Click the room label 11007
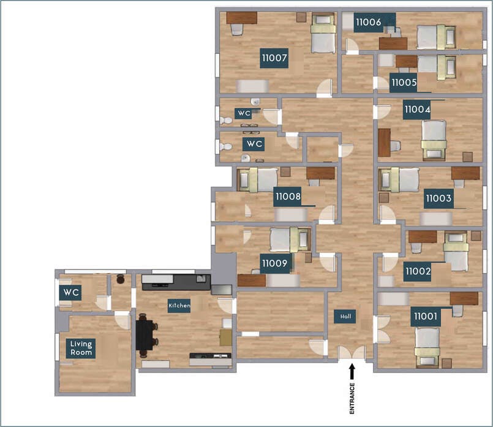(x=274, y=58)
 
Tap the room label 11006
(x=368, y=22)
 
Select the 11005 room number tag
(x=404, y=81)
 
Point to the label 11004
(x=417, y=110)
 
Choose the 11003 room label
(x=438, y=198)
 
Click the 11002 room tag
(x=418, y=270)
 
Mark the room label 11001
(x=425, y=316)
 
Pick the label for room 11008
(x=287, y=197)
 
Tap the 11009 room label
(x=274, y=264)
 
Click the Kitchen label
(x=179, y=305)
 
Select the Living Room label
(x=81, y=348)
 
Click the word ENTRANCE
(x=352, y=399)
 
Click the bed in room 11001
(x=427, y=343)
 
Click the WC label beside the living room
(x=71, y=293)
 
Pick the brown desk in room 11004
(x=384, y=143)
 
